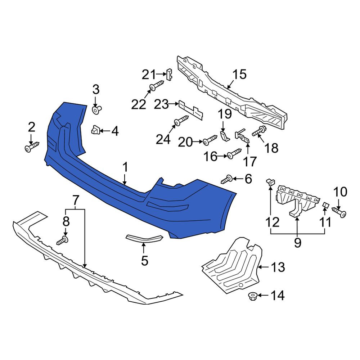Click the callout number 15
[239, 74]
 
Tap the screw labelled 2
[32, 147]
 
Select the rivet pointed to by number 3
[96, 109]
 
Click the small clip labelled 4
[95, 130]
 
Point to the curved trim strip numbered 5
[144, 239]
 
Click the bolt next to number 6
[226, 179]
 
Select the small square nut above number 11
[325, 204]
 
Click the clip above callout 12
[270, 182]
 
